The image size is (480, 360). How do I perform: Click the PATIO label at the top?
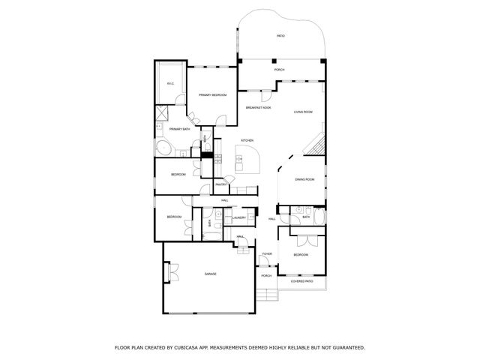pyautogui.click(x=280, y=35)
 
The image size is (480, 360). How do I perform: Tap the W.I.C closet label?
pyautogui.click(x=170, y=83)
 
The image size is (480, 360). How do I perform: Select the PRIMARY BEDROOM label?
pyautogui.click(x=212, y=95)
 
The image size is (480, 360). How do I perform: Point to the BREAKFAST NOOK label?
pyautogui.click(x=258, y=108)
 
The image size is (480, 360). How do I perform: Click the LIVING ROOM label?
pyautogui.click(x=303, y=112)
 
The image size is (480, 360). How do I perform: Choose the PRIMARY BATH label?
pyautogui.click(x=180, y=129)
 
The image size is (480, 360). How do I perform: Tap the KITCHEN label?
pyautogui.click(x=247, y=141)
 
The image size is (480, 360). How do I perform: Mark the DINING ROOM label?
pyautogui.click(x=304, y=180)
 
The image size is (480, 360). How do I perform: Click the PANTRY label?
pyautogui.click(x=221, y=184)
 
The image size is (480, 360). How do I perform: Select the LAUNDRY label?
pyautogui.click(x=238, y=218)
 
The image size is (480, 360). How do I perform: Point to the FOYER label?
pyautogui.click(x=266, y=255)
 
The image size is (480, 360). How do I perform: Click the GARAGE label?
pyautogui.click(x=210, y=274)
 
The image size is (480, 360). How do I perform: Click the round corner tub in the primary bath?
pyautogui.click(x=163, y=147)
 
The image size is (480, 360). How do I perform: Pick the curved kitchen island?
pyautogui.click(x=249, y=160)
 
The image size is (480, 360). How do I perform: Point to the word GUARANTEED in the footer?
pyautogui.click(x=341, y=348)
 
